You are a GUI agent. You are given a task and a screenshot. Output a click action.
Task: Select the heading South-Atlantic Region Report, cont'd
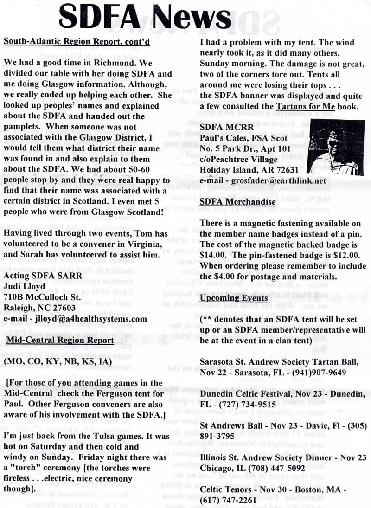[x=77, y=42]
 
